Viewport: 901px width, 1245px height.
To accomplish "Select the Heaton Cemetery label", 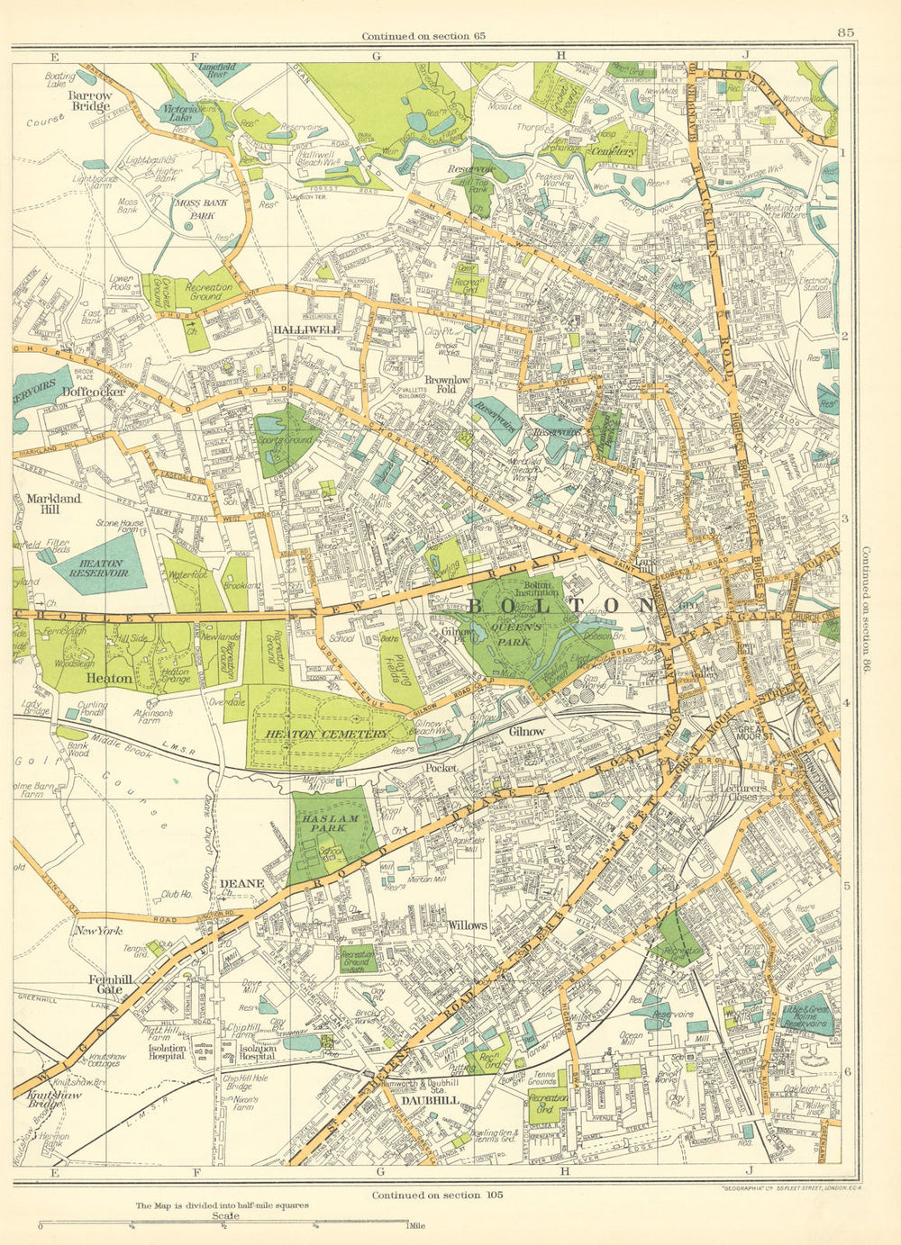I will (x=326, y=735).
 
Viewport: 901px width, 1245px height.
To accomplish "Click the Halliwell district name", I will (x=305, y=330).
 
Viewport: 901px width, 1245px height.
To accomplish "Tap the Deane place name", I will (x=242, y=883).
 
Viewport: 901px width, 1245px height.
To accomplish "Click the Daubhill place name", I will (x=431, y=1101).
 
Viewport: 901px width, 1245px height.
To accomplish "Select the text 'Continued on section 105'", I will (x=435, y=1195).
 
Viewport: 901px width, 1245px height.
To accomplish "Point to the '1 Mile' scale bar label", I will (x=418, y=1226).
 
